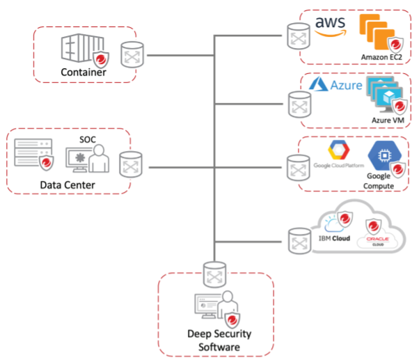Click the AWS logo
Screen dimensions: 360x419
tap(329, 26)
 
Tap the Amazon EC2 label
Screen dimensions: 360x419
tap(381, 56)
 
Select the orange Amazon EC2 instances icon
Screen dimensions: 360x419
tap(377, 33)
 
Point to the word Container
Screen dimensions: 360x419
tap(83, 72)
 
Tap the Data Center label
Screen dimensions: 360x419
tap(67, 185)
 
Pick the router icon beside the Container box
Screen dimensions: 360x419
tap(133, 54)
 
